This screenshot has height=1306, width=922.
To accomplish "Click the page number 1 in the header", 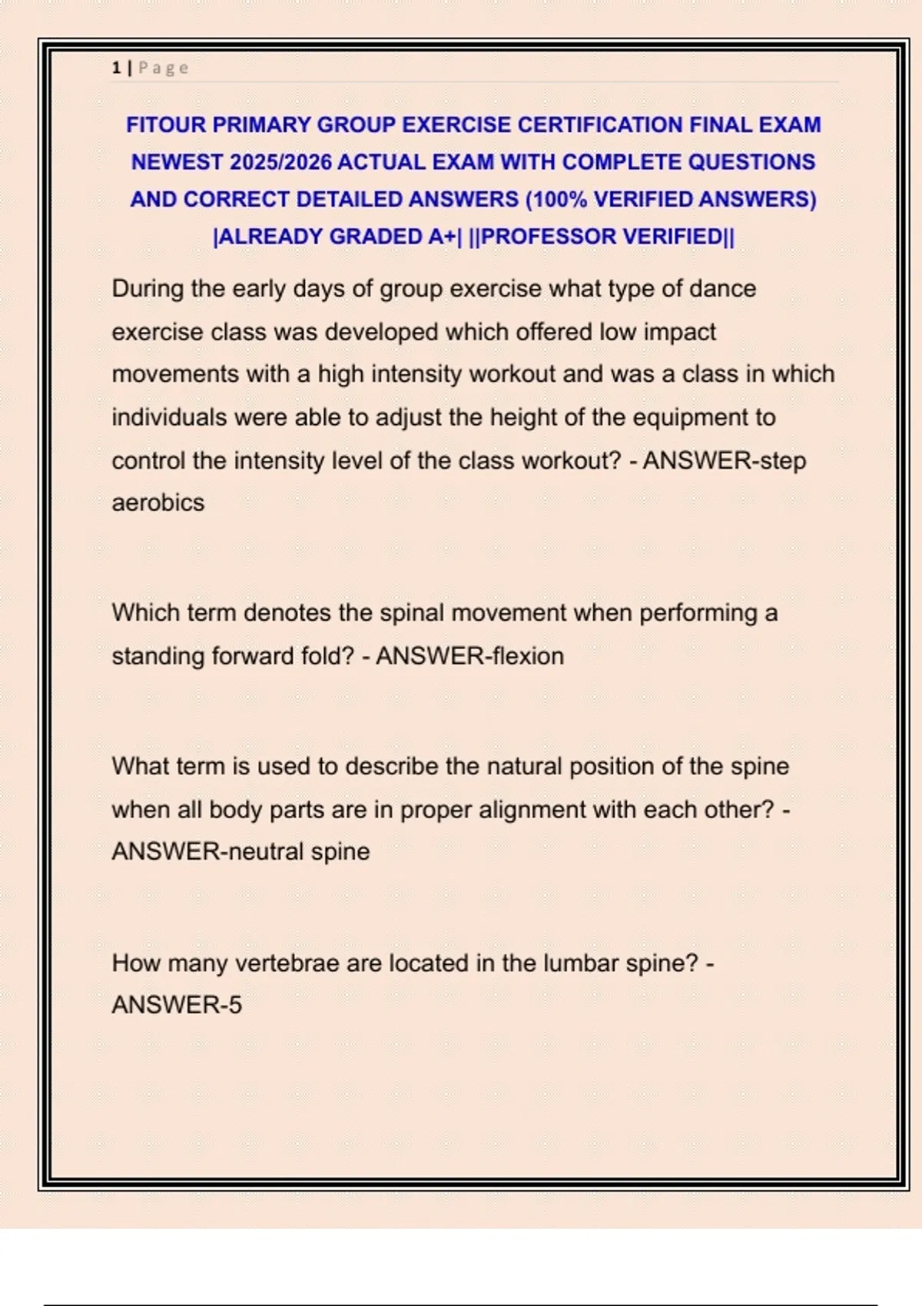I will tap(116, 68).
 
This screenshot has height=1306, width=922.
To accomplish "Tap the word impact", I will tap(679, 332).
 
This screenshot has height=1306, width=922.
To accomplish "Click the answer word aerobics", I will tap(158, 502).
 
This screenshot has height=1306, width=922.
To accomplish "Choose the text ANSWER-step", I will tap(725, 460).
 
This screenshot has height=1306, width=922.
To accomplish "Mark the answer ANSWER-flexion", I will tap(469, 656).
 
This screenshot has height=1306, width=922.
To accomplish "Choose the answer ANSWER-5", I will tap(177, 1005).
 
